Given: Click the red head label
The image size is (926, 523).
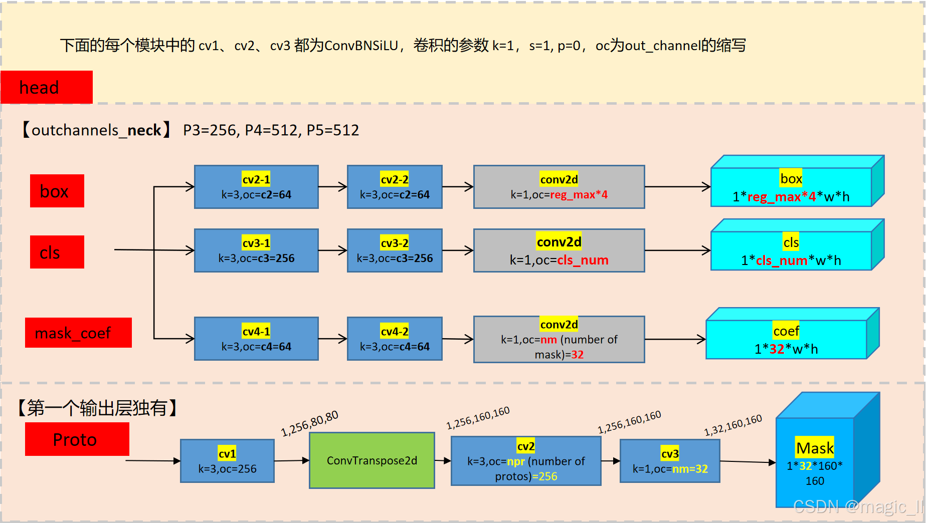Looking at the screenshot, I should tap(47, 87).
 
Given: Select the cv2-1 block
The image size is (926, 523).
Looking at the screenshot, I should tap(256, 187).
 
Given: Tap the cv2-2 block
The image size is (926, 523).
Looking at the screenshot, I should tap(395, 187).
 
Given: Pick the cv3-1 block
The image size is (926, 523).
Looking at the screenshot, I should tap(256, 250).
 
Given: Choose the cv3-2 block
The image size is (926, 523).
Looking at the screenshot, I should tap(395, 250).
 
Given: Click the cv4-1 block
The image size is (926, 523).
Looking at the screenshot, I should tap(256, 339).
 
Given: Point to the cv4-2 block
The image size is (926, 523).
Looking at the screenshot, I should tap(395, 339).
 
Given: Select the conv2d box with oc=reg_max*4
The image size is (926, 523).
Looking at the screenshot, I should tap(559, 187).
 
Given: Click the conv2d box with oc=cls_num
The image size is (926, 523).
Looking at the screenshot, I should tap(559, 250).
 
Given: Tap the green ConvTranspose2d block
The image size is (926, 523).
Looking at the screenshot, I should tap(372, 460).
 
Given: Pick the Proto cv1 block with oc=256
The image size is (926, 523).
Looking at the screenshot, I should tap(227, 461).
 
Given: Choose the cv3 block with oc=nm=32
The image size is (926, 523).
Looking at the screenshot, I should tap(670, 461).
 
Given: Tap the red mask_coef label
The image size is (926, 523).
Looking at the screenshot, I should tap(78, 333).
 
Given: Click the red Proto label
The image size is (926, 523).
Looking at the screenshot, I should tap(77, 439).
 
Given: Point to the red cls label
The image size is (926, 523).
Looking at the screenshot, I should tap(57, 252).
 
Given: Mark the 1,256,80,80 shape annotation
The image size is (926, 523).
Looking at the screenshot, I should tap(309, 423).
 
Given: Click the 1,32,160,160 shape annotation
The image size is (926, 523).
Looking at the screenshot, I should tap(733, 425).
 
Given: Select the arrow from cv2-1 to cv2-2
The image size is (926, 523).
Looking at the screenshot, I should tap(333, 187).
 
